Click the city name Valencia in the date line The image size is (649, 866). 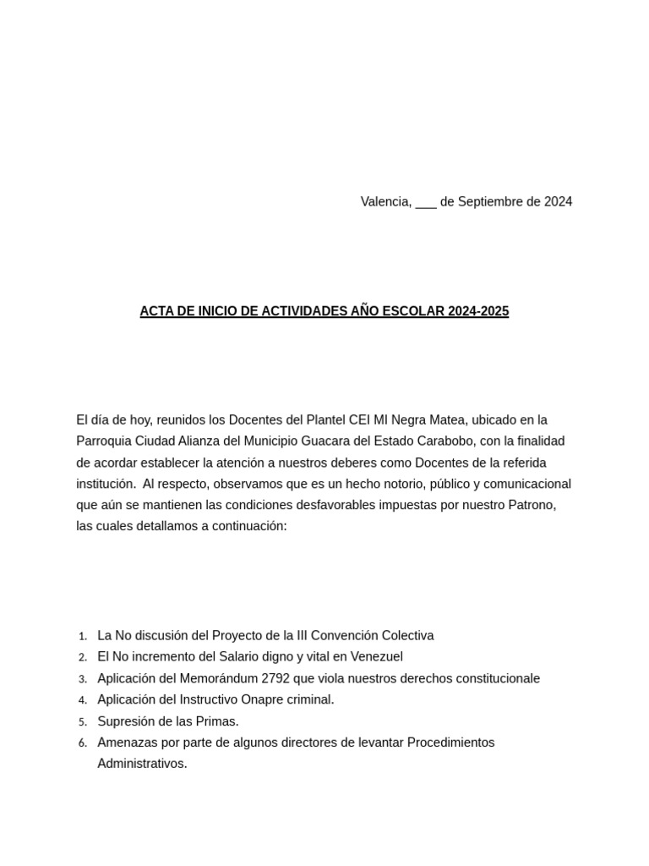[386, 201]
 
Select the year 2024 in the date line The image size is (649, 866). [558, 201]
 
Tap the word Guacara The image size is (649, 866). [368, 441]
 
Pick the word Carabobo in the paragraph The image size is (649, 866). [445, 441]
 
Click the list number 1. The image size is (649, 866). [82, 636]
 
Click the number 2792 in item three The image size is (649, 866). [277, 678]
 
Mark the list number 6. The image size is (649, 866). [82, 743]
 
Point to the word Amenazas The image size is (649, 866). [126, 743]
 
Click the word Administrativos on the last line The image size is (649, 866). [141, 764]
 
